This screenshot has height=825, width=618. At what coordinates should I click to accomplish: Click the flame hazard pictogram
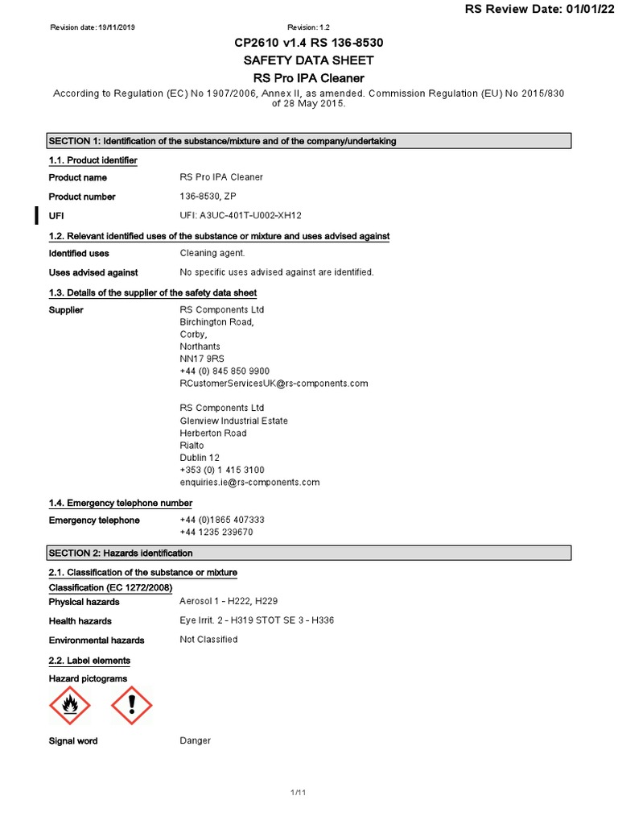(70, 707)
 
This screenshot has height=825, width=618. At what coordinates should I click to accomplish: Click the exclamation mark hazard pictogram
(131, 707)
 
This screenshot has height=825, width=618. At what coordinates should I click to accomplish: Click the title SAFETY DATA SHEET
(309, 60)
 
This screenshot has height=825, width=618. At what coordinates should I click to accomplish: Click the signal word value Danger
(195, 740)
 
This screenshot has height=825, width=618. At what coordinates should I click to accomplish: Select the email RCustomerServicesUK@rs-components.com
(274, 383)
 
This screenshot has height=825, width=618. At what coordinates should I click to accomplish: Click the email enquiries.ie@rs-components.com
(249, 482)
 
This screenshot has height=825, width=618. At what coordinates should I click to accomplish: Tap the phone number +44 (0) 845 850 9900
(225, 371)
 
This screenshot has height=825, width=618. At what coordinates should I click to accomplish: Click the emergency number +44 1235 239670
(216, 533)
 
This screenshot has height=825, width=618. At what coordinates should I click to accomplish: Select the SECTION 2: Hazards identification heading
(121, 553)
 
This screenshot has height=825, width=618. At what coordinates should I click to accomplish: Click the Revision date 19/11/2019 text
(93, 27)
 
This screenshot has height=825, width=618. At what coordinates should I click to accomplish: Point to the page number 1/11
(299, 794)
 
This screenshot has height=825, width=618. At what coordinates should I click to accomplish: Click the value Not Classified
(208, 640)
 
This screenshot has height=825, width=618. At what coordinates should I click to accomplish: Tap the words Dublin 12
(199, 458)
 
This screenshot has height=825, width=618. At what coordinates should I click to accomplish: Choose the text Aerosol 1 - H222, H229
(229, 602)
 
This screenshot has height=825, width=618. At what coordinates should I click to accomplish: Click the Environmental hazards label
(97, 641)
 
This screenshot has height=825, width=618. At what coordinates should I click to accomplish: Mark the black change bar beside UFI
(35, 215)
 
